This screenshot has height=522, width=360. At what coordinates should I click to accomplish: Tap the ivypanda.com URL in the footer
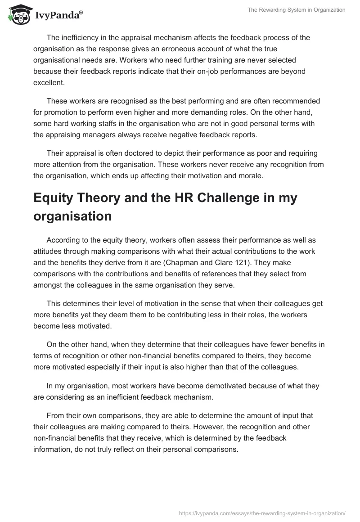(261, 513)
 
